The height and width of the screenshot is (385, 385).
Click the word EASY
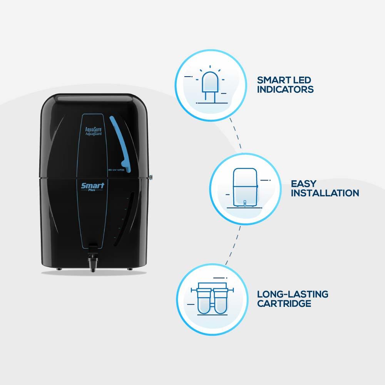(303, 184)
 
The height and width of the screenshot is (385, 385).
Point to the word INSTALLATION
(325, 192)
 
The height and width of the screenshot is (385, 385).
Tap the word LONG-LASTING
(293, 295)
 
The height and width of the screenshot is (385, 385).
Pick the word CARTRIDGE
(284, 303)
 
